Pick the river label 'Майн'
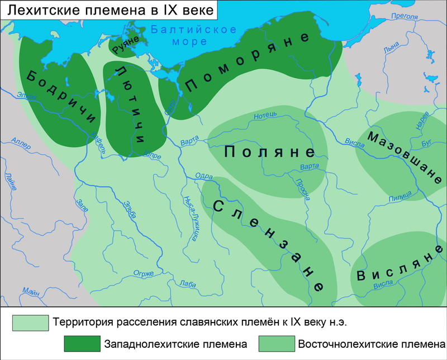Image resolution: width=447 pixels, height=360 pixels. click(31, 290)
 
